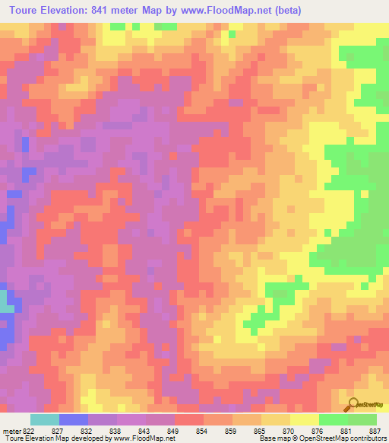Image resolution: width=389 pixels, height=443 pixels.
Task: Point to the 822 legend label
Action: [29, 431]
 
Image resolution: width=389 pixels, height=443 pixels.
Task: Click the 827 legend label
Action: [57, 431]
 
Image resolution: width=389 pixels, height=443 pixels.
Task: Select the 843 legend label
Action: [144, 431]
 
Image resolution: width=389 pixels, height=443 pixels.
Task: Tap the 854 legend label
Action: [201, 431]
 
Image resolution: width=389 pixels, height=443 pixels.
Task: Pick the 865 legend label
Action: [259, 431]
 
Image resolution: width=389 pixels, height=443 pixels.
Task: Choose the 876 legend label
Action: [317, 431]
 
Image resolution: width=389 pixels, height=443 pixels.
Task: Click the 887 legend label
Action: [374, 431]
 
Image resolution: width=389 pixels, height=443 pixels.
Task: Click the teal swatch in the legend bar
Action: [44, 419]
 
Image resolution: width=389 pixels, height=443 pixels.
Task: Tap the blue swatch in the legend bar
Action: [73, 419]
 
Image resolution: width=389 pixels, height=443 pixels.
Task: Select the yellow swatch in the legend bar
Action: [304, 419]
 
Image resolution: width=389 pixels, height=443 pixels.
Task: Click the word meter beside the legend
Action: [10, 431]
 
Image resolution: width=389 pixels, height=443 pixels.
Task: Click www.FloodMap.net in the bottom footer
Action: [144, 438]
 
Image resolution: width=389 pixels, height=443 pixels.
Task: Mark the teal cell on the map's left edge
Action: [5, 301]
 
